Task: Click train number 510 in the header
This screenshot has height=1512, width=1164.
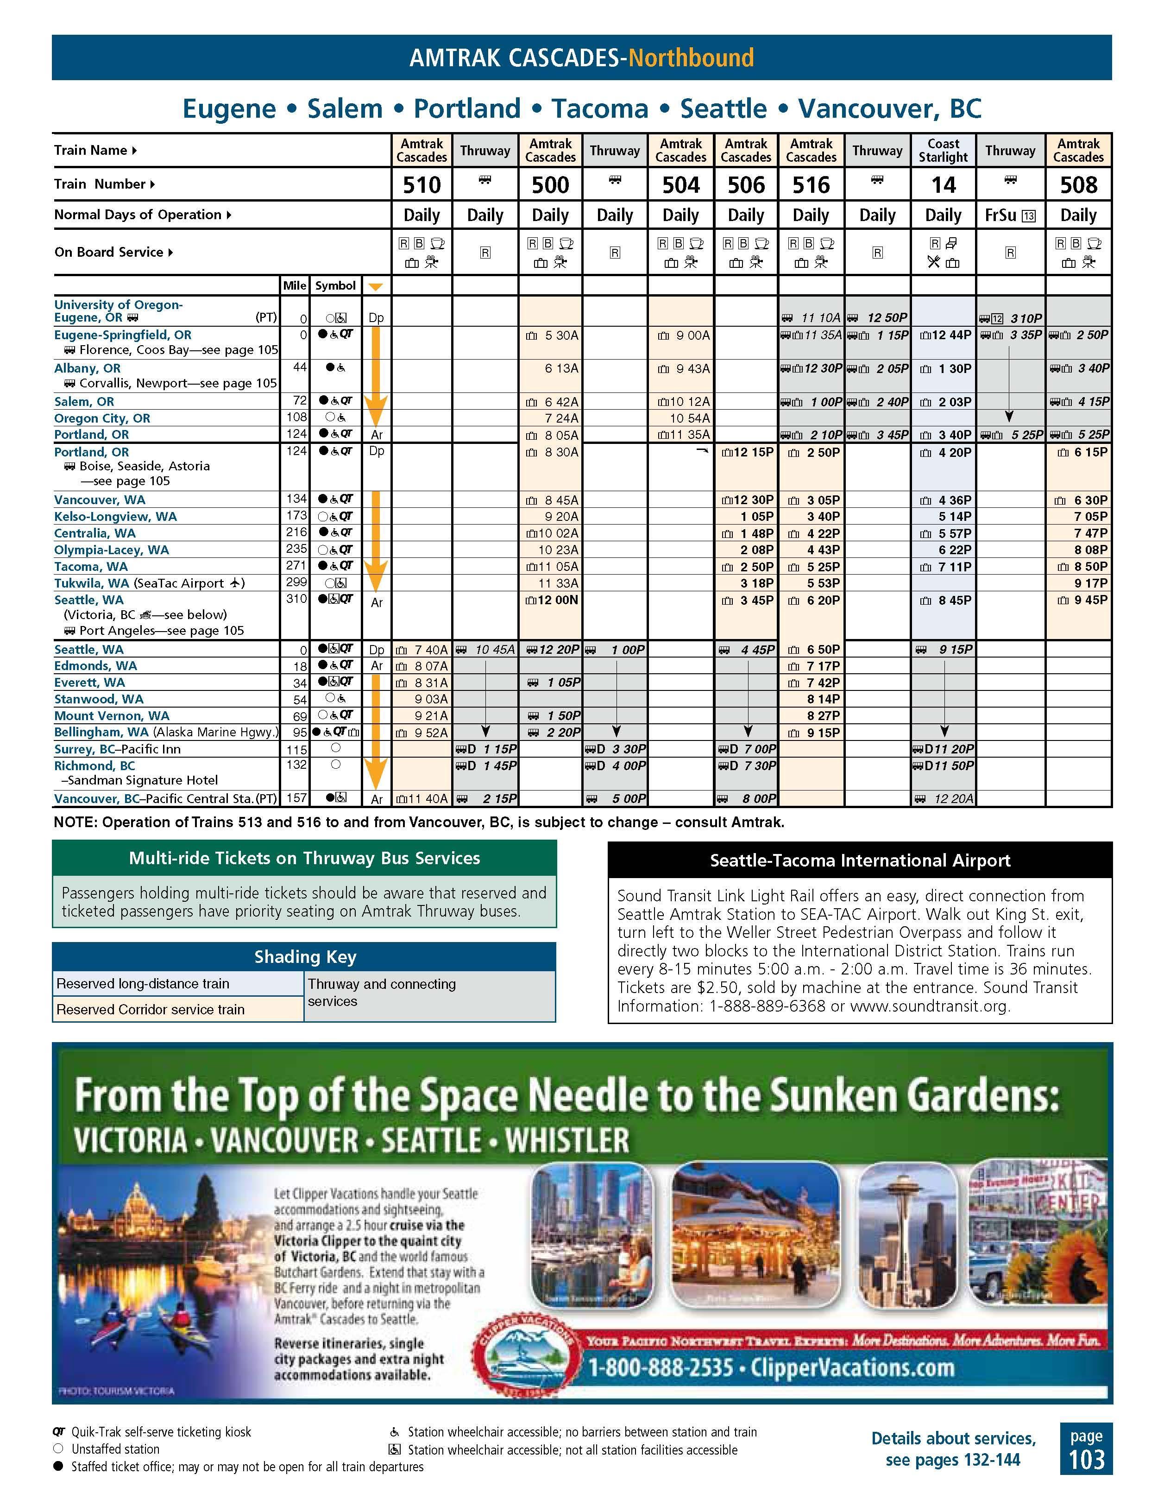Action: click(x=422, y=185)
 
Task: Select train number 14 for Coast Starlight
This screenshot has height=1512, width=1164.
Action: click(x=943, y=185)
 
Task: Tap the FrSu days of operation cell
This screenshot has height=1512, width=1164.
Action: click(x=1010, y=215)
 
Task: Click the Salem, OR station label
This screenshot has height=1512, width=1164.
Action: click(x=84, y=402)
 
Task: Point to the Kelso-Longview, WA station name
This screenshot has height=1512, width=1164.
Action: click(x=116, y=517)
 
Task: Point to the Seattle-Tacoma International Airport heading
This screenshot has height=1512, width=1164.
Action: click(x=860, y=860)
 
